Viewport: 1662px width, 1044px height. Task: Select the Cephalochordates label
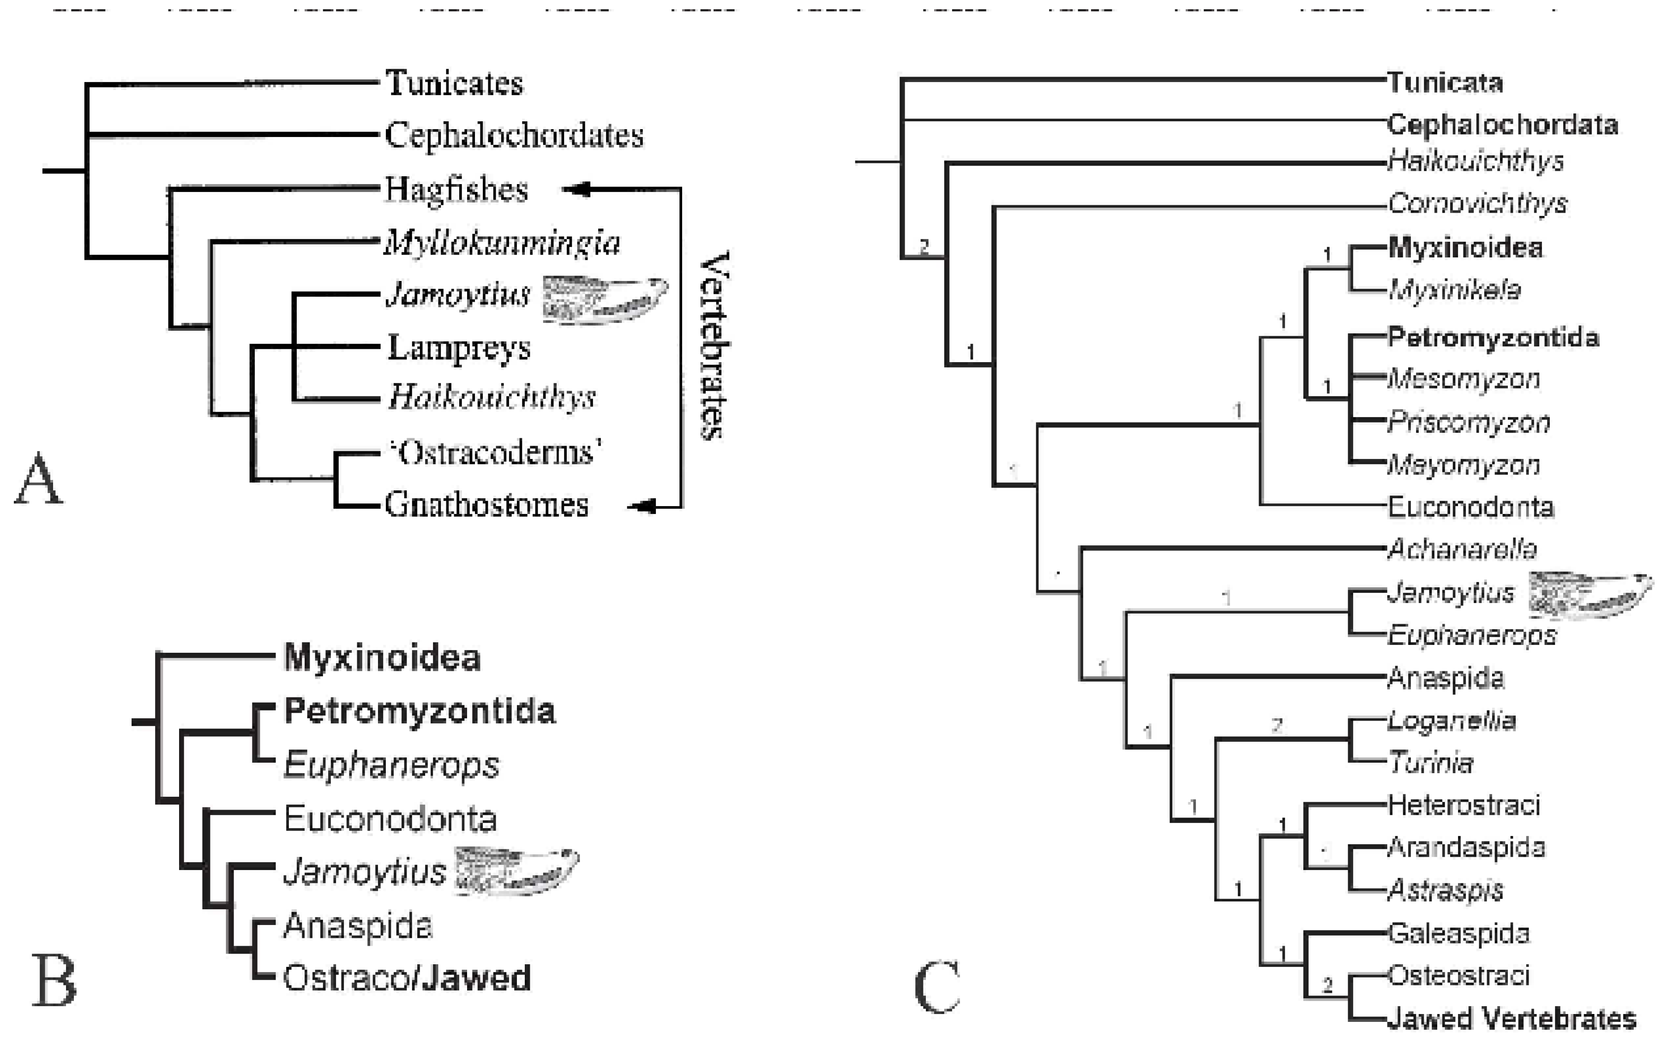tap(514, 135)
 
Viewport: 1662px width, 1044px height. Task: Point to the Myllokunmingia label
tap(502, 242)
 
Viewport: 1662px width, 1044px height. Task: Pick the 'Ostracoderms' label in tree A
tap(494, 453)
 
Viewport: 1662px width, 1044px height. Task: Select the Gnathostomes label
tap(486, 505)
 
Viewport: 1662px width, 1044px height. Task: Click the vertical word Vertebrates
tap(714, 345)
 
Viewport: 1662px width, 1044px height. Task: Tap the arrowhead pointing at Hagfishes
tap(576, 188)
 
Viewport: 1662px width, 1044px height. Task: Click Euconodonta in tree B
tap(390, 819)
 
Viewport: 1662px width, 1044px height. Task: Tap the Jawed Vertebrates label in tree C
tap(1512, 1019)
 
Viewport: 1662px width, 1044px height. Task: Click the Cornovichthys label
tap(1477, 203)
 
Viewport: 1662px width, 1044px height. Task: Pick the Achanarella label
tap(1462, 549)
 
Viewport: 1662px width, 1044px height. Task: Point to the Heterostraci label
tap(1463, 805)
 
